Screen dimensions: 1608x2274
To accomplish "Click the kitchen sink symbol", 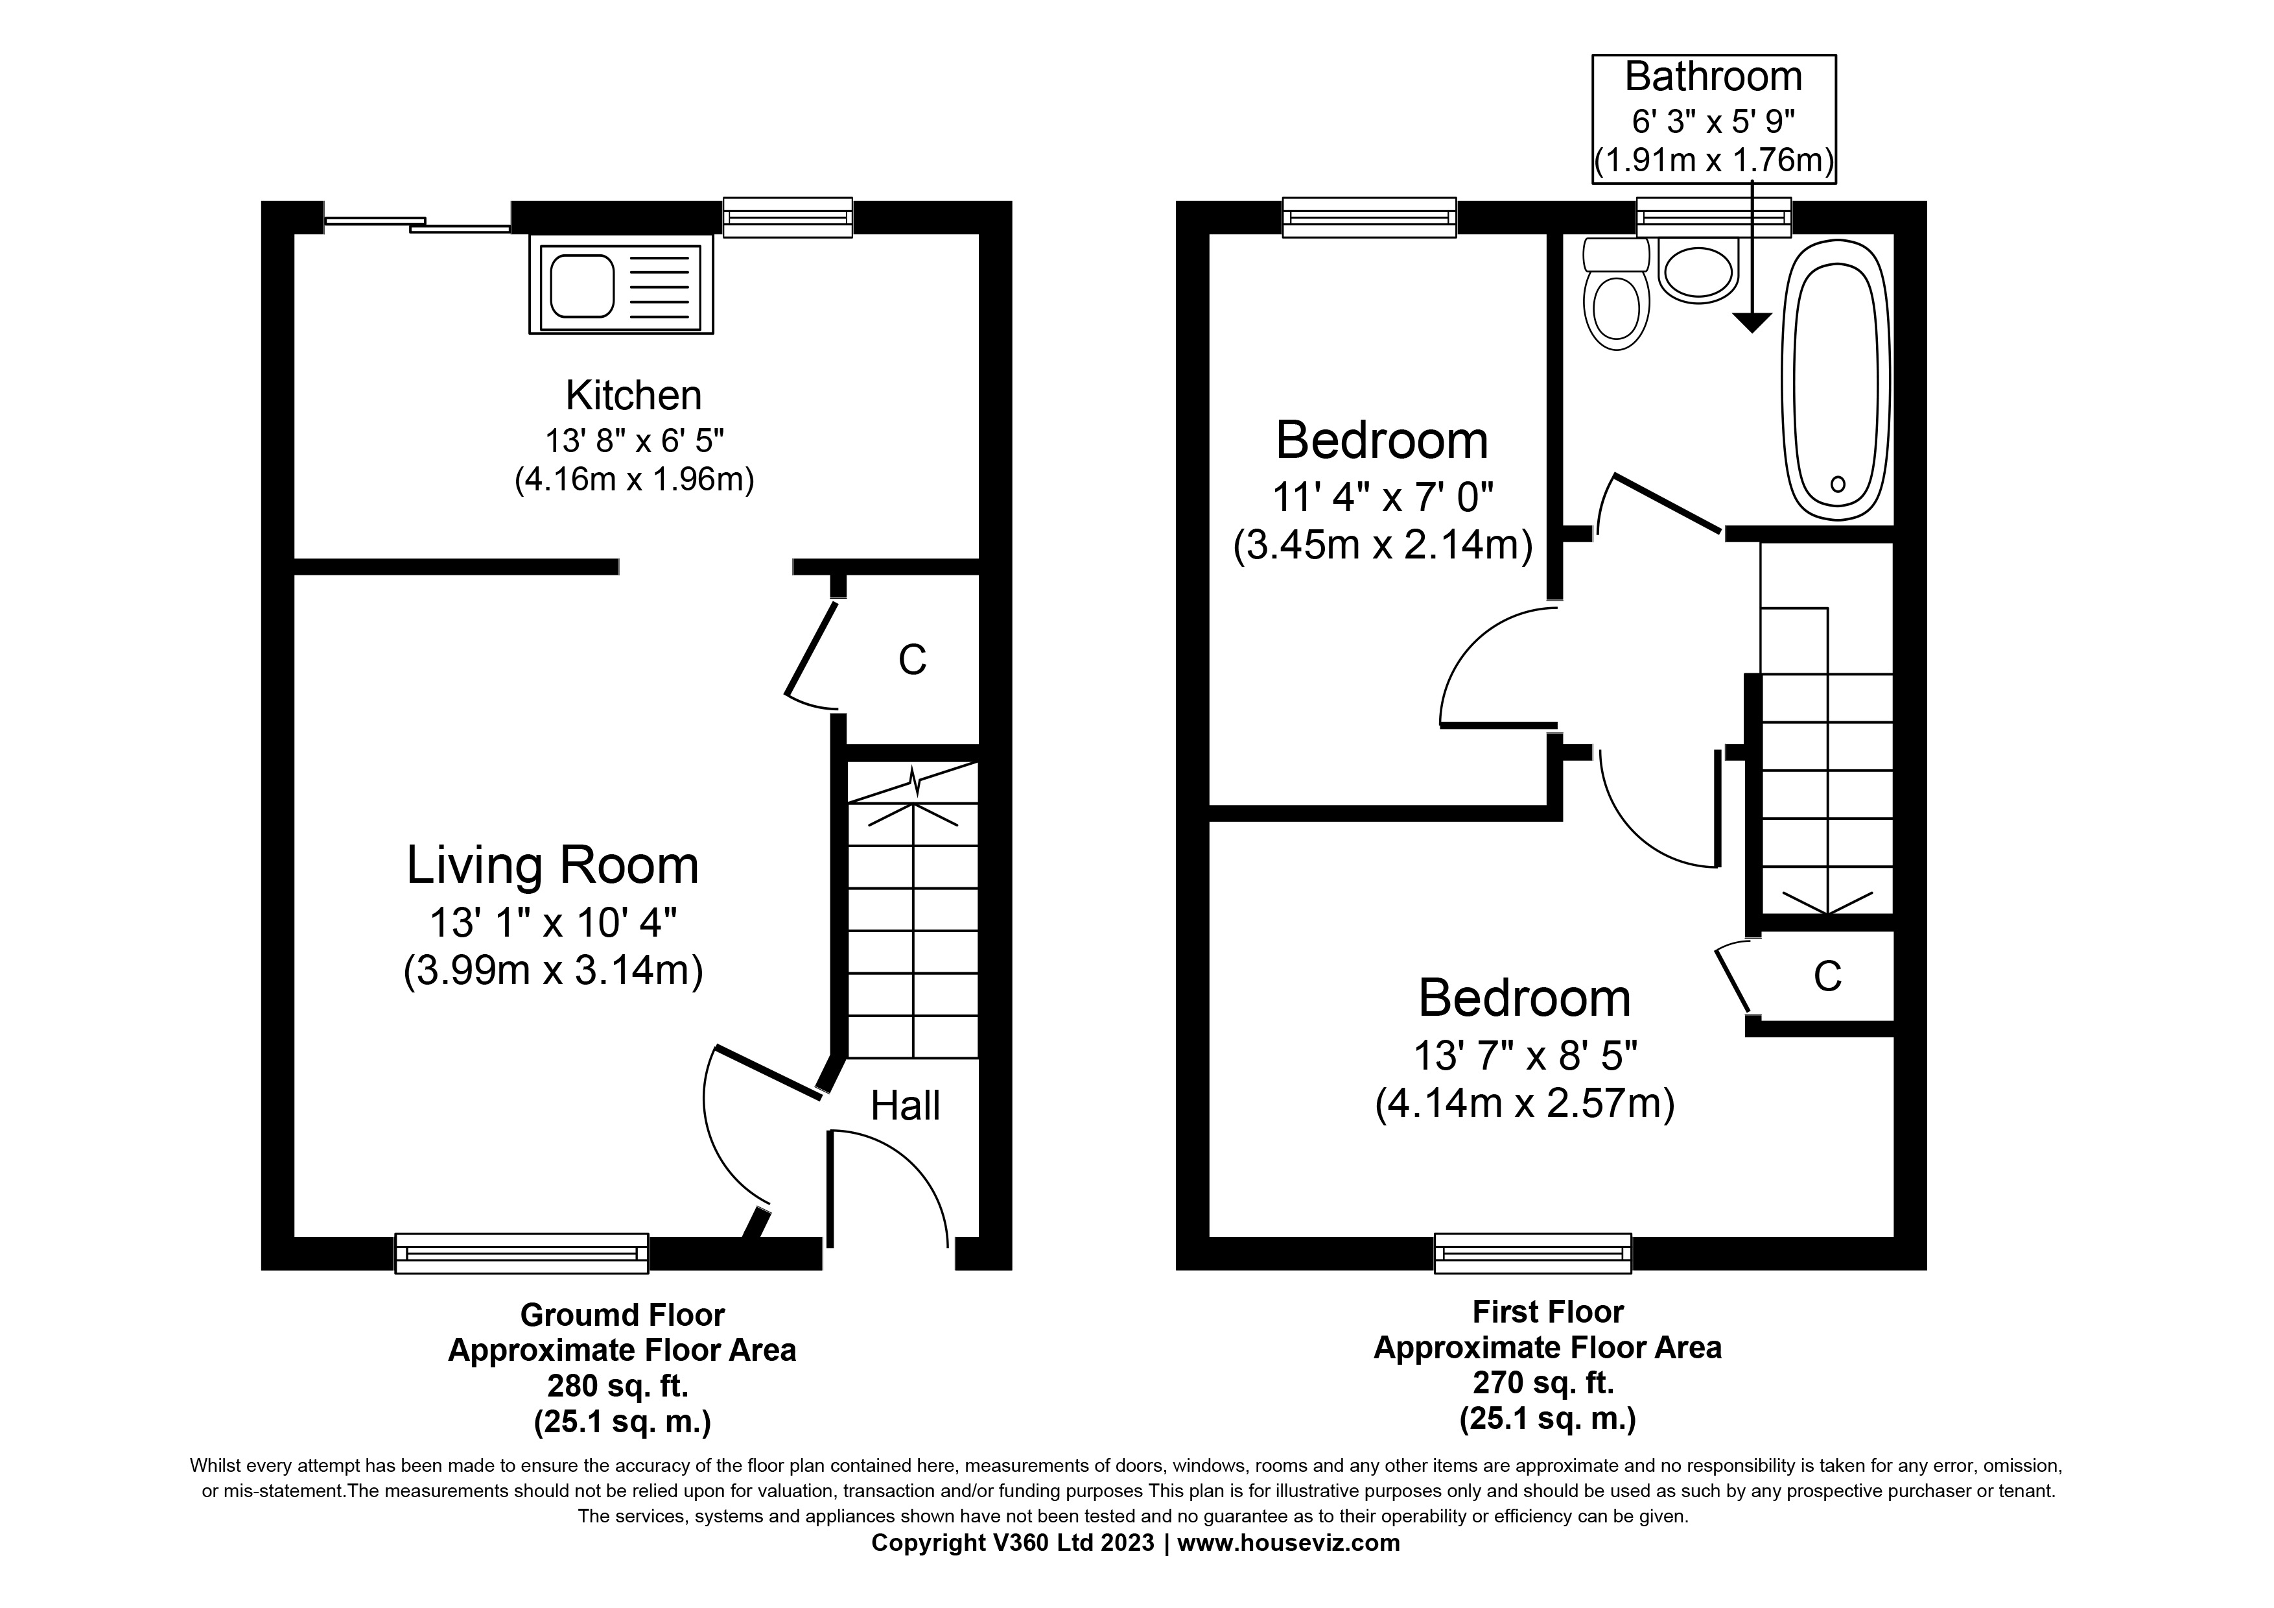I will coord(621,284).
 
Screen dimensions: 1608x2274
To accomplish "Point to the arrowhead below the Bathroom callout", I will coord(1751,322).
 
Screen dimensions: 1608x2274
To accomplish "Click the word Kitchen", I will coord(633,395).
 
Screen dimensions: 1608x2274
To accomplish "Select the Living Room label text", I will coord(553,865).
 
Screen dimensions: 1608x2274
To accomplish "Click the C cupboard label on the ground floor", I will coord(911,660).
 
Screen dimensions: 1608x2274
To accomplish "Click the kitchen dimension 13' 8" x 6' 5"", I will coord(634,440).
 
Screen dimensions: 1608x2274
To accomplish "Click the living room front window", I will coord(521,1253).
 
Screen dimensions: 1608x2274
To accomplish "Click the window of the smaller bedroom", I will coord(1369,217).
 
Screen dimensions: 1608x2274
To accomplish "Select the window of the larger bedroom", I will coord(1532,1253).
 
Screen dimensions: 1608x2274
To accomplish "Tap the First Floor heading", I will coord(1547,1312).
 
